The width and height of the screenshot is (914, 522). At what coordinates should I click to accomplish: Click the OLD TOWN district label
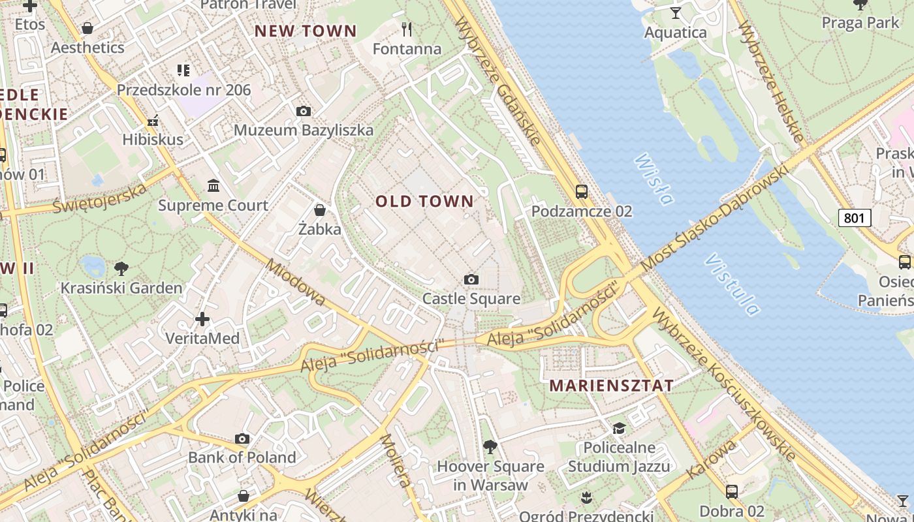(x=424, y=201)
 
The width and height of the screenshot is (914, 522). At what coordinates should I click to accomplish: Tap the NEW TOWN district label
(x=306, y=31)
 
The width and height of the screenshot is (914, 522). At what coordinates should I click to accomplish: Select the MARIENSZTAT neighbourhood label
(x=611, y=385)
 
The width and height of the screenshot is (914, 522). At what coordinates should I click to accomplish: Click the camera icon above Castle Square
(x=471, y=280)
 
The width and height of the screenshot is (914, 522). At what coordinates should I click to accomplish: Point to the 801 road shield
(x=855, y=218)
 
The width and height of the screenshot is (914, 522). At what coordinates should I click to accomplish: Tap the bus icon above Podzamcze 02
(x=581, y=192)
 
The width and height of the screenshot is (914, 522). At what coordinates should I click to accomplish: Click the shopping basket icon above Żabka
(x=320, y=210)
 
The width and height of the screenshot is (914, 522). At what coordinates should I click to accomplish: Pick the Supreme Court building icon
(x=213, y=187)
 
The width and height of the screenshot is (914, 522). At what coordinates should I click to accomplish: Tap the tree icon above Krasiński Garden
(x=121, y=268)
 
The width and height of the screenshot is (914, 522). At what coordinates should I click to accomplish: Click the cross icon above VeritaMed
(x=202, y=319)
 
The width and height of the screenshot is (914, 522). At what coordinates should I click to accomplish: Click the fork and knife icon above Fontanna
(x=407, y=29)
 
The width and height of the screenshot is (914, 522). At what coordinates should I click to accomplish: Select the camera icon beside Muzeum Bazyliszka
(x=303, y=112)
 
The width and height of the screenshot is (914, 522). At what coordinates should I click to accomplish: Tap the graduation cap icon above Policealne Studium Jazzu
(x=618, y=428)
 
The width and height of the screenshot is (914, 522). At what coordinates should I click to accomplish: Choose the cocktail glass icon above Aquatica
(x=676, y=13)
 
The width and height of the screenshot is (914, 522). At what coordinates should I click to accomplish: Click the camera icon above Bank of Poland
(x=242, y=438)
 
